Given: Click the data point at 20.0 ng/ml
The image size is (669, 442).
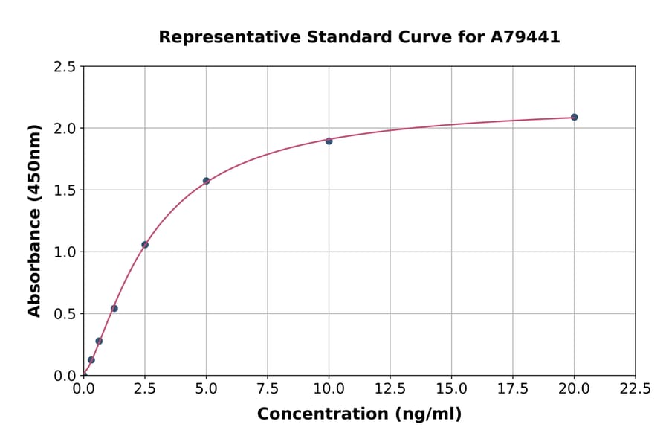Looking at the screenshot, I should (x=574, y=117).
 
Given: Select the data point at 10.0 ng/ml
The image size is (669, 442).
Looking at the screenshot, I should (x=329, y=141).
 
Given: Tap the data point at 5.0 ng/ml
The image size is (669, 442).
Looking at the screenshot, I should (x=206, y=181).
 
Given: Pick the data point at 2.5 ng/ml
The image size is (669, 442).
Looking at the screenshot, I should (x=145, y=245).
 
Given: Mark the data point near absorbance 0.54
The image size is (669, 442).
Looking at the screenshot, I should (x=114, y=308).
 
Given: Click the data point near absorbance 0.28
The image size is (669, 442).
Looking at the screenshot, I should (x=99, y=341).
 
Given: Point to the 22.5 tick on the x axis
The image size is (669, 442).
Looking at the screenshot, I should (x=635, y=388).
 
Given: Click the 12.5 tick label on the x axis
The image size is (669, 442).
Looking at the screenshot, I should (x=390, y=388).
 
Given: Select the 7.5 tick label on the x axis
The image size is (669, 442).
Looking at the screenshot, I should (x=267, y=388).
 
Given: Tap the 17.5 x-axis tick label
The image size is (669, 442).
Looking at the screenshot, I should (x=512, y=388).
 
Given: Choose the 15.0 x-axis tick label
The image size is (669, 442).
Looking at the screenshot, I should (x=451, y=388).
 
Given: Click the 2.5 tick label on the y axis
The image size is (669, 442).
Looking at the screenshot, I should (x=65, y=67).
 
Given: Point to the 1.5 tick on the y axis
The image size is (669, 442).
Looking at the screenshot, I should (x=65, y=190).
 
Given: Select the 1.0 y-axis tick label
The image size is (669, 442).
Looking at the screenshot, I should (x=65, y=252).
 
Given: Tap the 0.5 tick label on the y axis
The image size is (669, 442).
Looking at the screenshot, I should (x=65, y=314).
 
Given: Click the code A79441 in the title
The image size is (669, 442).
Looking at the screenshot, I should (x=524, y=37).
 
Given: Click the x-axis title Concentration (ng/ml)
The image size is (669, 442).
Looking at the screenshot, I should (x=359, y=414).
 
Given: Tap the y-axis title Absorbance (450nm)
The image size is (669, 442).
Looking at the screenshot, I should (x=34, y=221).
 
